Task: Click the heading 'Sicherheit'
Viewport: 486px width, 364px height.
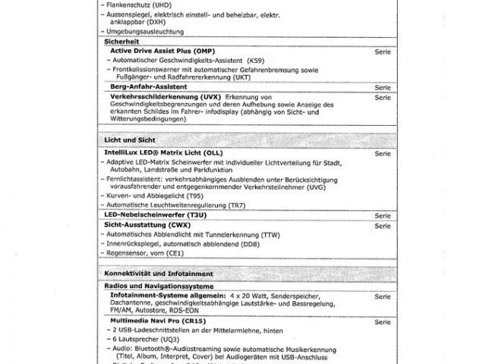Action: [x=122, y=42]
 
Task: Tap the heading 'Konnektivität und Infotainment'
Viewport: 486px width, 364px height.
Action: [x=157, y=273]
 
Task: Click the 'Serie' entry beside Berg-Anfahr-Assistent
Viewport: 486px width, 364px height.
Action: [x=382, y=88]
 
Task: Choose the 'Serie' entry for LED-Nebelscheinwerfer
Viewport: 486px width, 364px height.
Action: [x=382, y=215]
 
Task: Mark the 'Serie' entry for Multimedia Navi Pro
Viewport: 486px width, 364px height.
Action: [x=382, y=322]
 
